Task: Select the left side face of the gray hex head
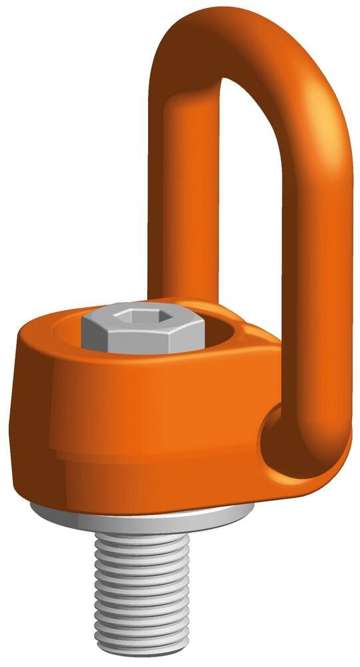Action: pyautogui.click(x=92, y=333)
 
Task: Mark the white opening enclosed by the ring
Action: pyautogui.click(x=250, y=203)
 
